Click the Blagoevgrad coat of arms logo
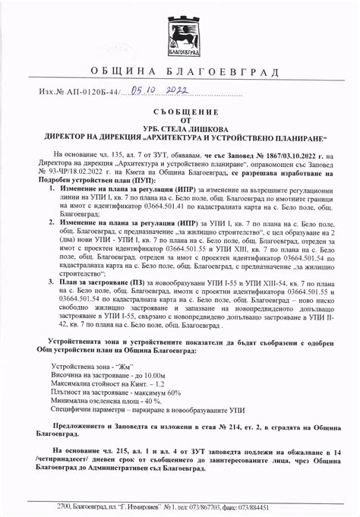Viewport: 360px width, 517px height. (x=179, y=33)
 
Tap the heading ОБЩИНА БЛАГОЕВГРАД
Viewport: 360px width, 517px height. (x=179, y=71)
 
